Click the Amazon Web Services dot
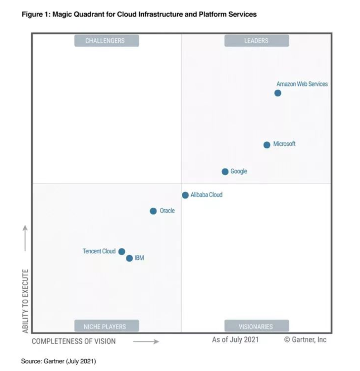click(278, 93)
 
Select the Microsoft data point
click(267, 145)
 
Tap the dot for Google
click(225, 172)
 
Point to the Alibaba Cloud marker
click(185, 195)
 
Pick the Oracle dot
click(153, 211)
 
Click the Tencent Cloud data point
click(122, 252)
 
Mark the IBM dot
click(129, 258)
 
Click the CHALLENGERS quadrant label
click(106, 41)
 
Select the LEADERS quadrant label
click(256, 41)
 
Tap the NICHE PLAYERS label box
click(106, 326)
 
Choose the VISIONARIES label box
click(256, 326)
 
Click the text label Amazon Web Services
click(302, 84)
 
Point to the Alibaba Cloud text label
click(206, 195)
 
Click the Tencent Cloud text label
click(99, 251)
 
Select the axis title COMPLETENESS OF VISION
click(74, 341)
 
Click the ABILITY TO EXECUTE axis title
click(26, 301)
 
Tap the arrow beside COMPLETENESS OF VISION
click(146, 342)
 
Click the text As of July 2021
click(235, 340)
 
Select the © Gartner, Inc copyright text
click(305, 340)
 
